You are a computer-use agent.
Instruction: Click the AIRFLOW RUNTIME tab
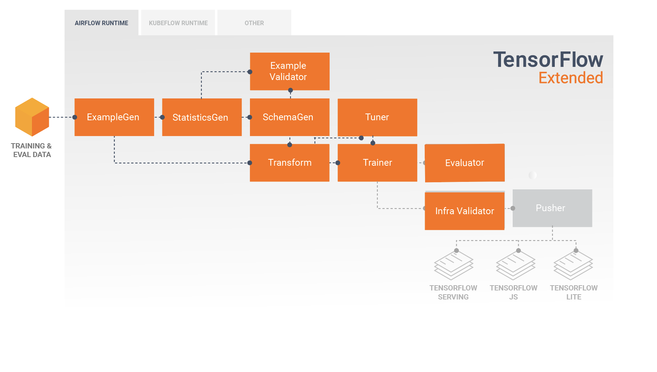coord(101,23)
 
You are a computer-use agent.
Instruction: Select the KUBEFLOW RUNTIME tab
coord(178,23)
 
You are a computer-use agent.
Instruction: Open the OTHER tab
coord(254,23)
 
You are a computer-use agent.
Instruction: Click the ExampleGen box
coord(114,117)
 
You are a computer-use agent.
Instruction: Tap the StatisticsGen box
coord(202,117)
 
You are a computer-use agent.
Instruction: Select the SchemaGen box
coord(289,117)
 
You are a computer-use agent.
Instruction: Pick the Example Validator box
coord(289,71)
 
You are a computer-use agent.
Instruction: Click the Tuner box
coord(377,117)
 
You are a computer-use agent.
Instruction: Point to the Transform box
coord(289,163)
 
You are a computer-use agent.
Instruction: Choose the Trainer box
coord(377,163)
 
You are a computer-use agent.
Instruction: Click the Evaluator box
coord(465,163)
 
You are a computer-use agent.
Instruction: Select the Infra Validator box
coord(465,211)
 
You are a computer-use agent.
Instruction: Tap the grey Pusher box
coord(552,208)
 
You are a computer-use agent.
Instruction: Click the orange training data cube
coord(32,117)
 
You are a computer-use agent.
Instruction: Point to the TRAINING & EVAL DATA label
coord(31,150)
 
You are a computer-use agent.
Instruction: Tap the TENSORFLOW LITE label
coord(574,292)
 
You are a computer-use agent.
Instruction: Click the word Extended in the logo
coord(571,78)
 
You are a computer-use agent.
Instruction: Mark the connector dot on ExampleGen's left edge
coord(75,117)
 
